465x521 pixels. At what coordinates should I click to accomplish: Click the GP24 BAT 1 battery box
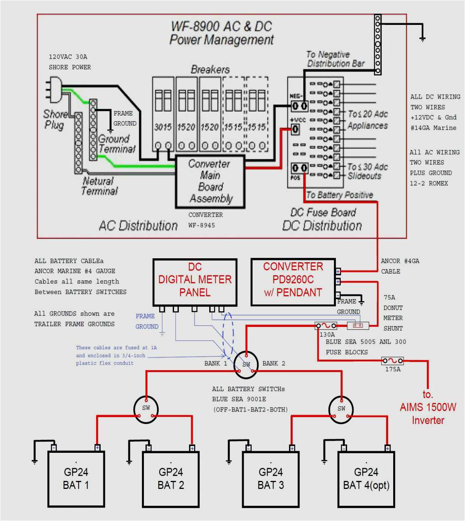point(76,479)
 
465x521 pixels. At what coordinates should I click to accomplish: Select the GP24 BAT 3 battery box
point(271,479)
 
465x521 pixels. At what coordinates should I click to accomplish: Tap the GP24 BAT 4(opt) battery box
point(366,479)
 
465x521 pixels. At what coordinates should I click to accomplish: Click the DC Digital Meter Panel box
point(195,282)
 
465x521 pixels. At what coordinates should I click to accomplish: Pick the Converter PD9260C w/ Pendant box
point(293,282)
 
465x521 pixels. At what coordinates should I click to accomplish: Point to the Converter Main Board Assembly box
point(210,182)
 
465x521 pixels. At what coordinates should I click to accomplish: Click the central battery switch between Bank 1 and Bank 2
point(246,364)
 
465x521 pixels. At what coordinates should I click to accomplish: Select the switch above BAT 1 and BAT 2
point(146,409)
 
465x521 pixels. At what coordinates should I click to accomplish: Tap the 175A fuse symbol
point(392,361)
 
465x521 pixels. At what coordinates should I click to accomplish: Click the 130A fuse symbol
point(326,326)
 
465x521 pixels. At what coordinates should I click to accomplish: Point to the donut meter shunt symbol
point(358,326)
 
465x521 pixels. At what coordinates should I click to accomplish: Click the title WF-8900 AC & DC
point(221,26)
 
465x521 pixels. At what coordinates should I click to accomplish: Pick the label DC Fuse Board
point(323,213)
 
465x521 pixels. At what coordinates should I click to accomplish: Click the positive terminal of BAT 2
point(192,448)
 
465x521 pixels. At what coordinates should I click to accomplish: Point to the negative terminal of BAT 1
point(54,448)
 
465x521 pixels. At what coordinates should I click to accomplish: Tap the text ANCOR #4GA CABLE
point(400,266)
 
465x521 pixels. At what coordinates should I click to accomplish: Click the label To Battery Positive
point(340,195)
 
